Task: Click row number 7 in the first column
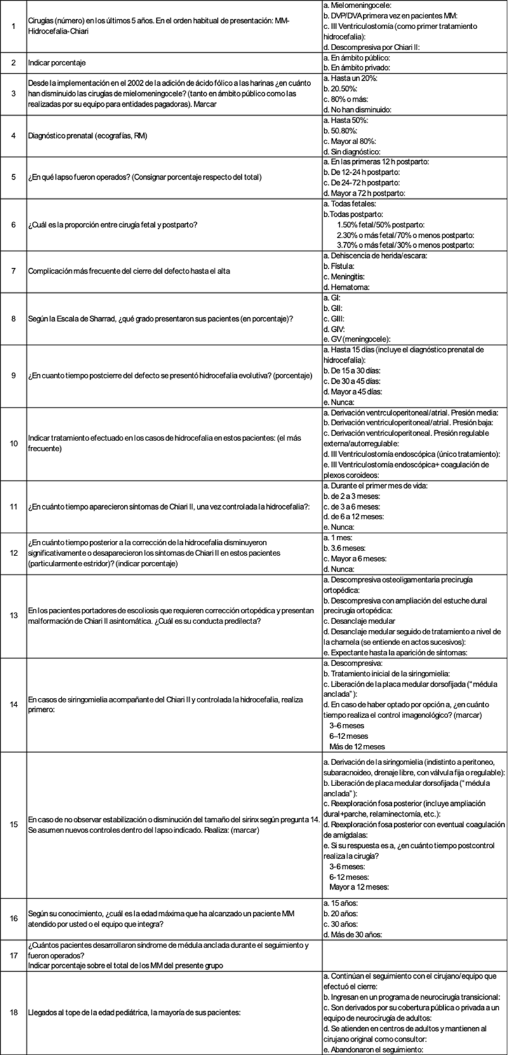point(13,271)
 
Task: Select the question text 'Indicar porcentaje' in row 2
point(57,63)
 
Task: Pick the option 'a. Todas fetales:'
point(350,203)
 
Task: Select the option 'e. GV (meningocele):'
point(357,338)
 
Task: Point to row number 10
point(13,443)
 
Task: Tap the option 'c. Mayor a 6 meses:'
point(354,559)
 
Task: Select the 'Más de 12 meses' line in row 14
point(357,746)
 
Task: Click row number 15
point(13,824)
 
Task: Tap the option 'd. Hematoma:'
point(346,287)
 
